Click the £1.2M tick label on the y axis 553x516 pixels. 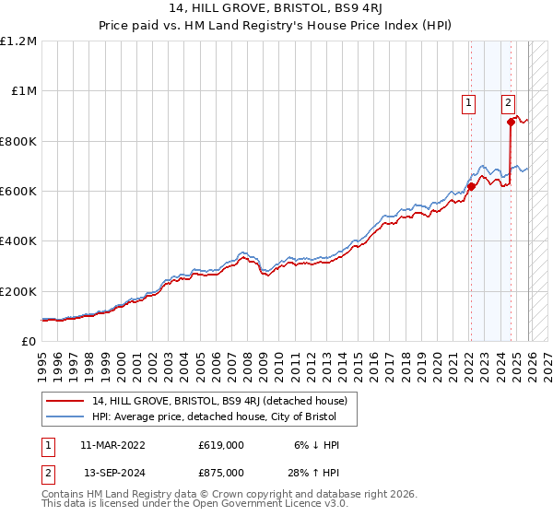pyautogui.click(x=18, y=41)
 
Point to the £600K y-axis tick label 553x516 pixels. pyautogui.click(x=18, y=192)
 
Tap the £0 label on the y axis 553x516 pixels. pyautogui.click(x=28, y=341)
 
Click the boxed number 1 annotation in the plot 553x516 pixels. pyautogui.click(x=470, y=104)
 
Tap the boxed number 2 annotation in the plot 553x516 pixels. pyautogui.click(x=508, y=104)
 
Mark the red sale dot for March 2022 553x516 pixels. pyautogui.click(x=470, y=186)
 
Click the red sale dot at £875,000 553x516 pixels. pyautogui.click(x=510, y=122)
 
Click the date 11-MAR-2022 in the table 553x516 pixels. pyautogui.click(x=112, y=445)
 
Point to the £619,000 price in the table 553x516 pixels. pyautogui.click(x=220, y=445)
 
